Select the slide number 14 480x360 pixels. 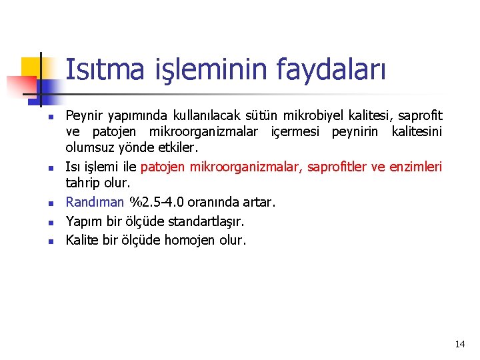point(459,344)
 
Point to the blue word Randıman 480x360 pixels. point(95,202)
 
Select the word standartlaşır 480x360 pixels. point(201,221)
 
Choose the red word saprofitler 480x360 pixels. point(337,167)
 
